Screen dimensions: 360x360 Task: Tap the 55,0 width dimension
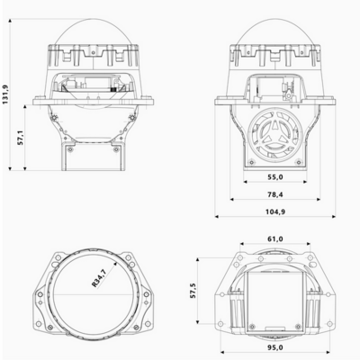pyautogui.click(x=275, y=178)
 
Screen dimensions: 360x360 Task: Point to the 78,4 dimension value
pyautogui.click(x=275, y=193)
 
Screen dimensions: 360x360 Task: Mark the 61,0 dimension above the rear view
pyautogui.click(x=275, y=238)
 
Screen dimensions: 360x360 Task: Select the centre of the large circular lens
pyautogui.click(x=91, y=292)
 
